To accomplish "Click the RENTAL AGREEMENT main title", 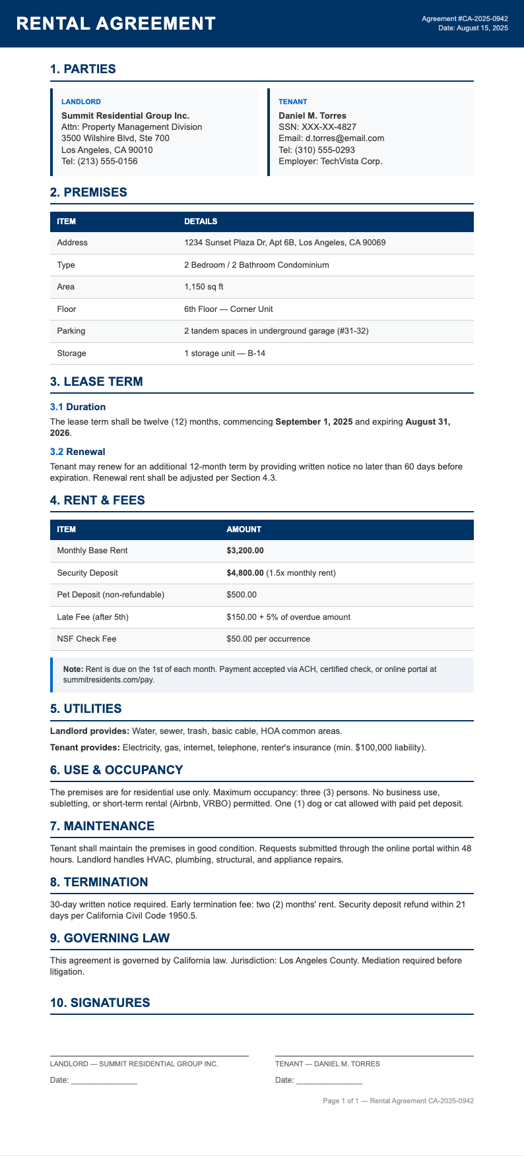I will (x=115, y=24).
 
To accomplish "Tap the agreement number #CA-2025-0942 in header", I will (x=465, y=18).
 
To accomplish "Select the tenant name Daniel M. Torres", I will (x=312, y=115).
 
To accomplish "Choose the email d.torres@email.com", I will (x=331, y=138).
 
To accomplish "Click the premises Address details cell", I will (x=284, y=243).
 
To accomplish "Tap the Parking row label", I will (x=71, y=331).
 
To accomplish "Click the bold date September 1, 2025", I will (x=313, y=421).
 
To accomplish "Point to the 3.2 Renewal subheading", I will (x=78, y=452).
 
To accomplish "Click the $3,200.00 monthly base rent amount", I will (x=245, y=551).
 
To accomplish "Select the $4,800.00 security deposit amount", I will (x=245, y=573).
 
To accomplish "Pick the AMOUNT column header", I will (x=244, y=530).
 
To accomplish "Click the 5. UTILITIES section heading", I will (x=86, y=709).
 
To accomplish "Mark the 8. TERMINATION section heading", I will (x=99, y=882).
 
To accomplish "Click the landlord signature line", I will (x=149, y=1056).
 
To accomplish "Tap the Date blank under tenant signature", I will (x=329, y=1081).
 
